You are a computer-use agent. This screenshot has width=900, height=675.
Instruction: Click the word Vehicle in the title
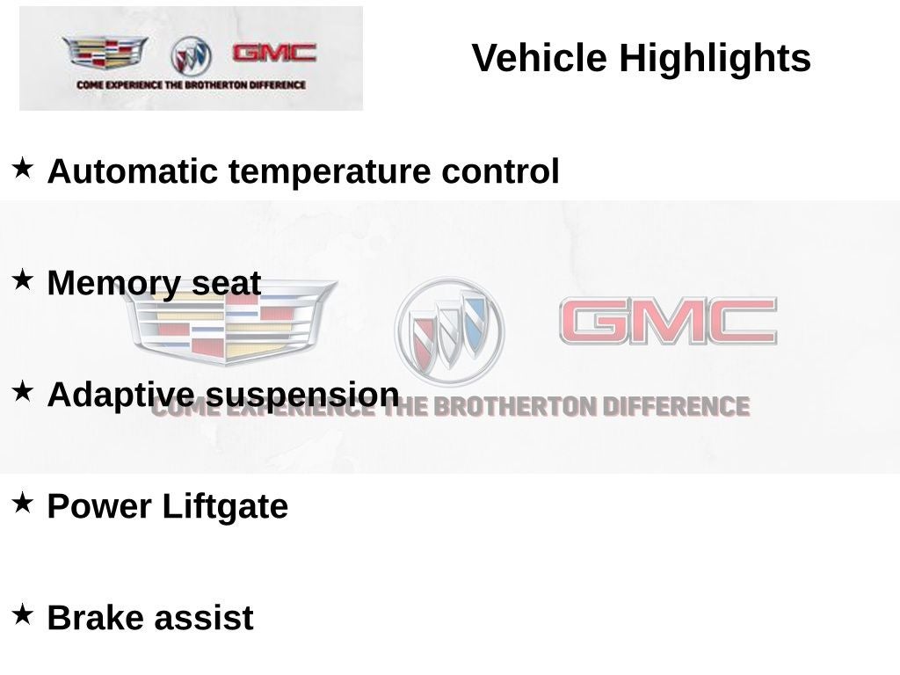[539, 57]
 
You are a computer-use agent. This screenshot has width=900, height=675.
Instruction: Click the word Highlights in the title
[715, 59]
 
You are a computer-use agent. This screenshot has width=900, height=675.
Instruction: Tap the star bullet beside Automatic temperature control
[22, 168]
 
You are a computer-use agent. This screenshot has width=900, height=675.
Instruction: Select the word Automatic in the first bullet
[132, 171]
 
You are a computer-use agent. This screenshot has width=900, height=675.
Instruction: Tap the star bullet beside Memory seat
[22, 279]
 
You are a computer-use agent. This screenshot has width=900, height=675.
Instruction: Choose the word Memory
[113, 284]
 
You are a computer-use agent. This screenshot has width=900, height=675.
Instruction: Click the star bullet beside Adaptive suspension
[22, 391]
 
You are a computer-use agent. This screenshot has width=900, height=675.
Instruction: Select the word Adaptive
[120, 396]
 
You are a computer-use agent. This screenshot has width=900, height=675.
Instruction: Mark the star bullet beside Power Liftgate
[22, 503]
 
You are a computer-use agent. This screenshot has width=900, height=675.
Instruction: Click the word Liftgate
[225, 507]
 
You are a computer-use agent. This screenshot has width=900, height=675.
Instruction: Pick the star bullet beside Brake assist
[22, 614]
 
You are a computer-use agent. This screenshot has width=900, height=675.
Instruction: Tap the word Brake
[95, 618]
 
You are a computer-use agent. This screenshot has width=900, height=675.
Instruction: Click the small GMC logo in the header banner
[274, 54]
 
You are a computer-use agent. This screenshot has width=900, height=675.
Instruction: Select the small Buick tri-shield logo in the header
[191, 55]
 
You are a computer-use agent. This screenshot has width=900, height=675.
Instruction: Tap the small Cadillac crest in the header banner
[105, 52]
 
